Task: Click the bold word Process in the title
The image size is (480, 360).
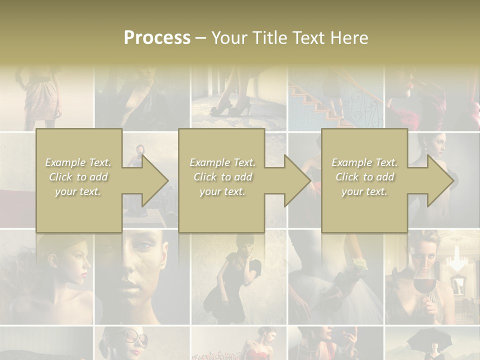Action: click(x=157, y=38)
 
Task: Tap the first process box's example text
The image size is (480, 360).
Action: click(x=78, y=177)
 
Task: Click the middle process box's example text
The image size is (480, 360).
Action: click(x=222, y=177)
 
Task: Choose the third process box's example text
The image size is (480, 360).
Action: click(x=364, y=177)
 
